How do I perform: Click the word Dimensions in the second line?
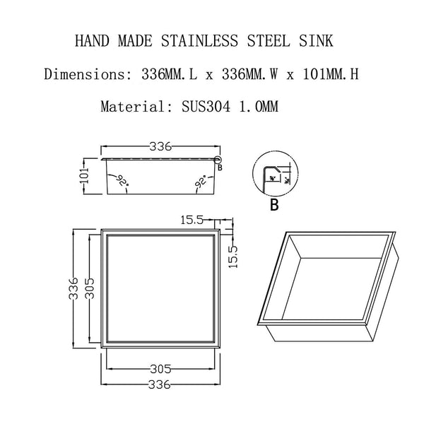[x=82, y=74]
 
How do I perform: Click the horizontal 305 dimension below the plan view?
[x=161, y=368]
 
